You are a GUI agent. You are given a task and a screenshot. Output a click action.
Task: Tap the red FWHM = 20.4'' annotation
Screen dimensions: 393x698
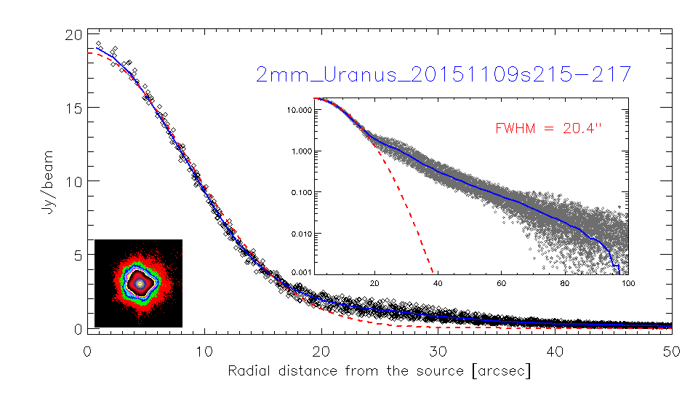tap(548, 129)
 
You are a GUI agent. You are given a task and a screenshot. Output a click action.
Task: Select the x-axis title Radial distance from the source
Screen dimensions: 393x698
tap(379, 371)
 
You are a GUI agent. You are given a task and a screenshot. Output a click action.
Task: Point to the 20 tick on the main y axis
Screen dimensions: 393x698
tap(71, 34)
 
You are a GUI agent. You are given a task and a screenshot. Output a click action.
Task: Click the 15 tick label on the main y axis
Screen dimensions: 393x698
tap(71, 108)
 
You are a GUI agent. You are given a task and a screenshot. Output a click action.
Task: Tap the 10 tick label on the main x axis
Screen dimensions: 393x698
tap(204, 350)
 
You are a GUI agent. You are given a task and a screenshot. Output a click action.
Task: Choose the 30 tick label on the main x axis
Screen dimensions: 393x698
tap(438, 350)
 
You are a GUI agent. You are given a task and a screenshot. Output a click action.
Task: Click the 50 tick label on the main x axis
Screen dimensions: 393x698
tap(671, 350)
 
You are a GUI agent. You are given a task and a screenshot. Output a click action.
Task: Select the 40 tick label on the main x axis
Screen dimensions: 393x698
tap(554, 350)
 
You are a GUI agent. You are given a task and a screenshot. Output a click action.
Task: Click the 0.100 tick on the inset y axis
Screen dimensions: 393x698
tap(300, 192)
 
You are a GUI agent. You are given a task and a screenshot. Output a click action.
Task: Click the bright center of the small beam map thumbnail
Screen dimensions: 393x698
tap(140, 282)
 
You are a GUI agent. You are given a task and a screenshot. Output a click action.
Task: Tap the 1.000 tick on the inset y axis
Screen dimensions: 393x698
tap(300, 151)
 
